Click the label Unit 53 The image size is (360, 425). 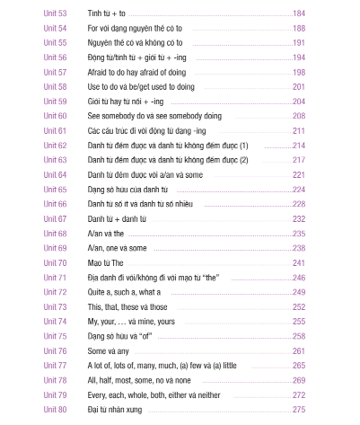point(55,13)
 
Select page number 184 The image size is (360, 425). point(298,13)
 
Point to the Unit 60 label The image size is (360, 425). point(55,116)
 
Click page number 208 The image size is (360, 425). point(298,116)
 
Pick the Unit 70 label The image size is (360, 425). point(55,262)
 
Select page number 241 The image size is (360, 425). point(298,262)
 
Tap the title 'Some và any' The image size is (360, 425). point(110,350)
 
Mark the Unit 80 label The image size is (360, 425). point(55,409)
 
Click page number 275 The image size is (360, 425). point(298,409)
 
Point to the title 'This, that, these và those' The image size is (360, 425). point(127,306)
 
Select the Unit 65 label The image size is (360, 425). point(55,190)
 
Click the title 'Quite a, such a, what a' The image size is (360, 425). point(124,292)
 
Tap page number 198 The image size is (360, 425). point(298,72)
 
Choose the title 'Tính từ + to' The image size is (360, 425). point(107,13)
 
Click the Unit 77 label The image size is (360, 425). point(55,365)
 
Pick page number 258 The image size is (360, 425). point(298,335)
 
